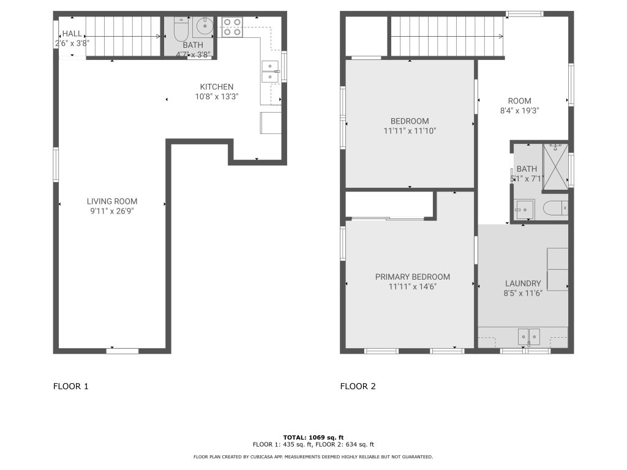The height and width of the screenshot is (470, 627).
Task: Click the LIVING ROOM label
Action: coord(112,201)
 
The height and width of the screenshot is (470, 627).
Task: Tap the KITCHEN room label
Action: coord(217,87)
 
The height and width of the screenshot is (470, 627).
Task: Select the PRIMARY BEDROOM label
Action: coord(413,277)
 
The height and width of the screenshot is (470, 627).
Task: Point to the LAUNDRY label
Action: coord(523,283)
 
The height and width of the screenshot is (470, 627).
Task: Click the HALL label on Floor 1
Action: coord(72,34)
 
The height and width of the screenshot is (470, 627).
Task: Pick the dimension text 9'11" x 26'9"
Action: coord(112,211)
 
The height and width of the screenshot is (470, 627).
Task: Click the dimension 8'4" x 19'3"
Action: coord(520,111)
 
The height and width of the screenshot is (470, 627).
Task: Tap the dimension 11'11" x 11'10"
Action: coord(410,131)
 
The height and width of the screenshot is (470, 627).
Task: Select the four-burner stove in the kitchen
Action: coord(232,27)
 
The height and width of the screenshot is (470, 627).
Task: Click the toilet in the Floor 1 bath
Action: coord(181,29)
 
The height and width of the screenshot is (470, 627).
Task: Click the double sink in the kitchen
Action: coord(270,72)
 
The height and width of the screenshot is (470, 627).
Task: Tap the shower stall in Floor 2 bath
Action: coord(555,166)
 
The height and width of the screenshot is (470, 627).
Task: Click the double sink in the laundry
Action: coord(528,337)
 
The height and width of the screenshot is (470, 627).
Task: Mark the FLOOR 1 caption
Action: coord(71,387)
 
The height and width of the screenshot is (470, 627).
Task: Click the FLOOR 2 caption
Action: coord(358,387)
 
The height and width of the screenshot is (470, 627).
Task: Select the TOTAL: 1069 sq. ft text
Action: coord(313,438)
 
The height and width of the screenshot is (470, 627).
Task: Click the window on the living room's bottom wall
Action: coord(122,351)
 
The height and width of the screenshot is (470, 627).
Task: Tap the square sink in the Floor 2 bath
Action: coord(524,209)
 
